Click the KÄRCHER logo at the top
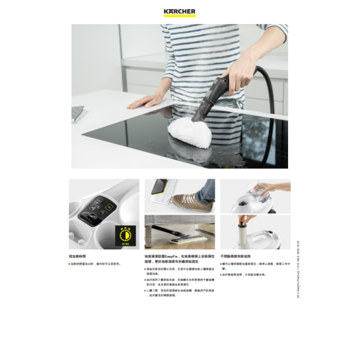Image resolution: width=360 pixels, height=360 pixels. pos(179,11)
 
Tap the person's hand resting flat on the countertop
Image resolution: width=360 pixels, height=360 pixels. pos(147,100)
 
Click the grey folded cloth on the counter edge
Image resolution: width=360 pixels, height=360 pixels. pos(78,113)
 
